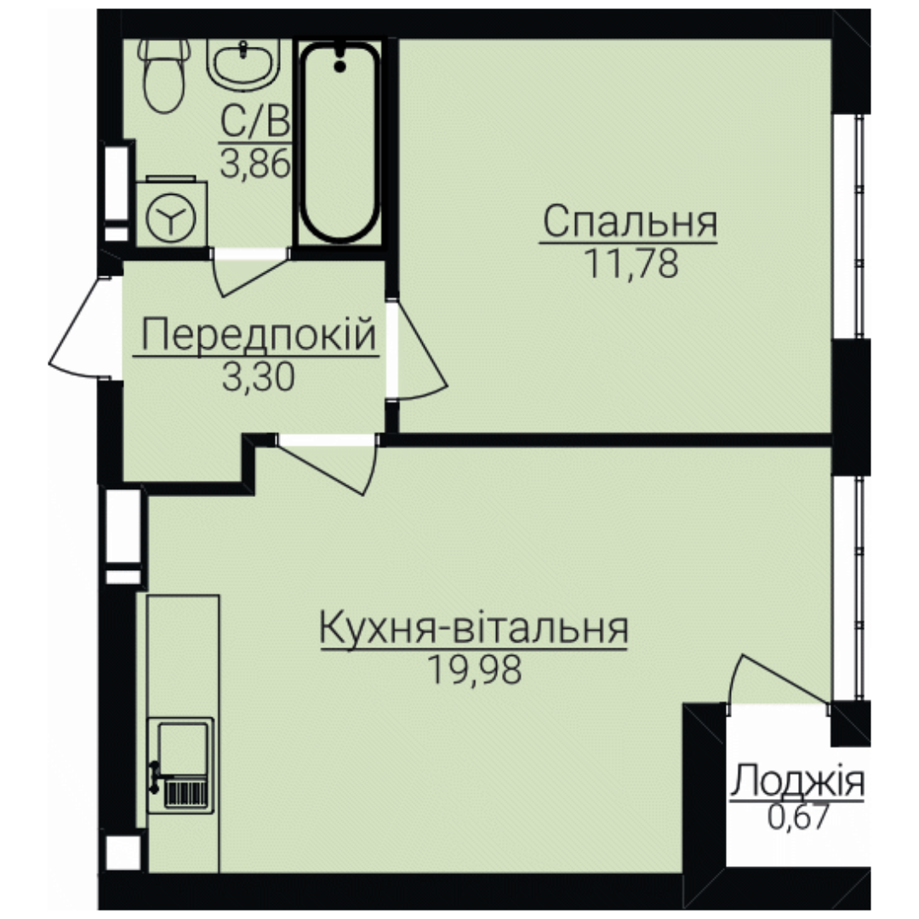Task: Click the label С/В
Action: [255, 123]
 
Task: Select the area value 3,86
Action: [255, 164]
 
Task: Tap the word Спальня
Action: [630, 221]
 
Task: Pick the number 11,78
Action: [631, 264]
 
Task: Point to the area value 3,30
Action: [258, 377]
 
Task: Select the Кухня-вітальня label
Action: [474, 627]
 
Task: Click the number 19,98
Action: [474, 670]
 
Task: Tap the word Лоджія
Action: [797, 781]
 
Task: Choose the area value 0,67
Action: [799, 817]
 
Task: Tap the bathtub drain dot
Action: [340, 66]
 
